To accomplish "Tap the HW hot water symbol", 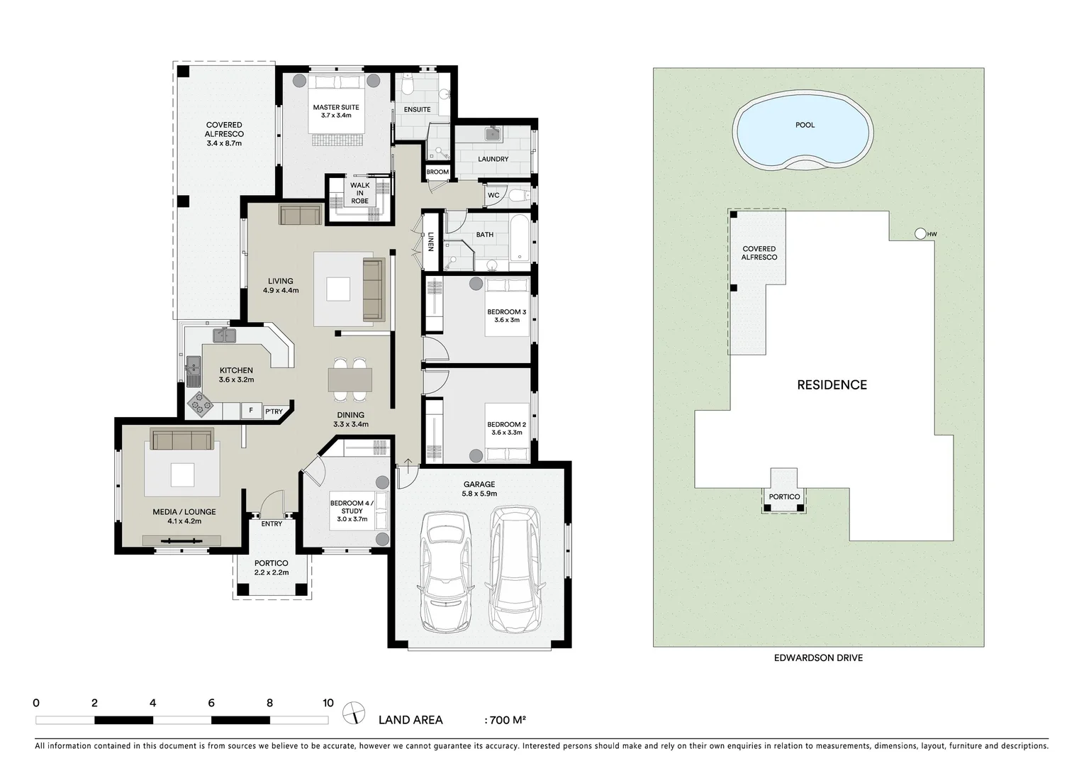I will (x=920, y=233).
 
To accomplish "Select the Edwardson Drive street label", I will (x=818, y=657).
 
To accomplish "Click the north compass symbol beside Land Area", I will (x=353, y=712).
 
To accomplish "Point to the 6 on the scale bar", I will (x=211, y=704).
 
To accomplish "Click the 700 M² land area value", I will (x=506, y=720).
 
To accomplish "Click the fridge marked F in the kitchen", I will (x=250, y=410).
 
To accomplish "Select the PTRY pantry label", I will (x=274, y=411).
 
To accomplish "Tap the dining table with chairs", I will (x=350, y=379).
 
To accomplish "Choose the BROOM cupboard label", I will (x=437, y=172).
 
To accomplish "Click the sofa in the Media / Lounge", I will (x=181, y=439).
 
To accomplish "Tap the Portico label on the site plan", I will (x=784, y=496).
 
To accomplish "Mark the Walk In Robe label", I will (x=359, y=193).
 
